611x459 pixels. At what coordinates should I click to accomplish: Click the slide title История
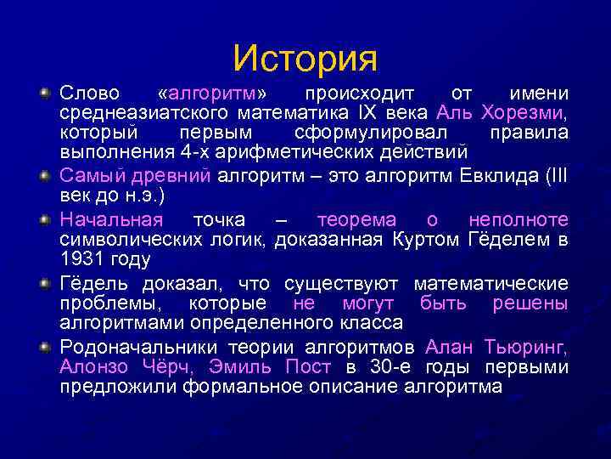[x=305, y=57]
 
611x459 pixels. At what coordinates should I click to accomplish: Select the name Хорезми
[x=524, y=112]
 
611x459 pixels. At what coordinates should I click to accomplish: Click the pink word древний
[x=181, y=176]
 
